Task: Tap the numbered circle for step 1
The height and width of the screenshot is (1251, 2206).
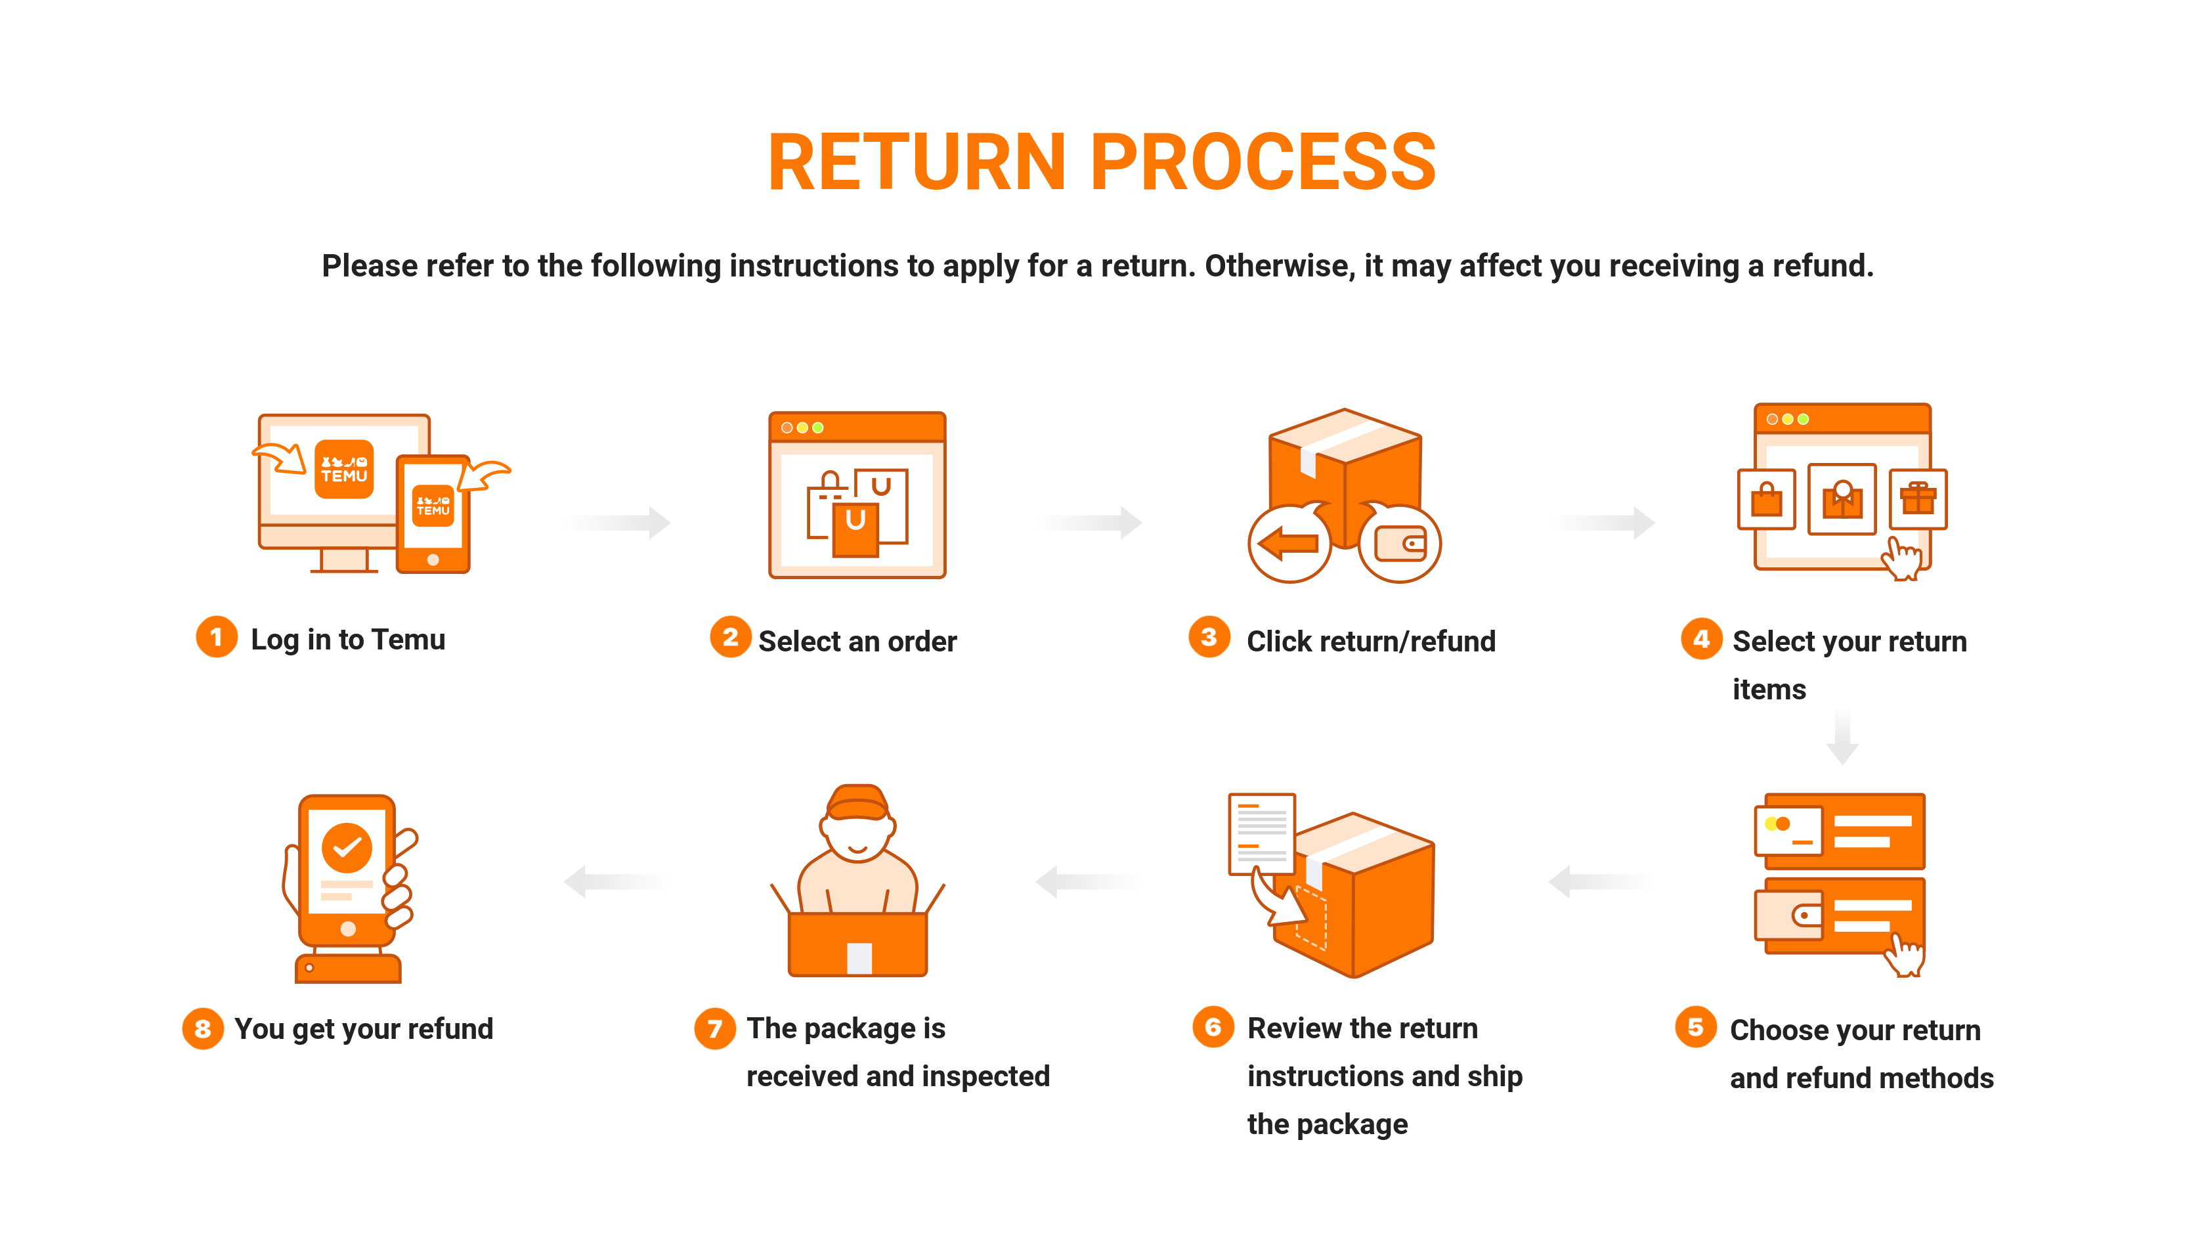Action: pos(217,637)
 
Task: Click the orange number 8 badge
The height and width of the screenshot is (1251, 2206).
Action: pos(203,1028)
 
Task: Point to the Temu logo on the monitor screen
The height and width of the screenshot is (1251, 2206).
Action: pos(345,469)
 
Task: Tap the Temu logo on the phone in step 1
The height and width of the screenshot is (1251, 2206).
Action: pos(433,505)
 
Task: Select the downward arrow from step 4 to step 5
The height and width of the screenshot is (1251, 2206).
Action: pos(1842,737)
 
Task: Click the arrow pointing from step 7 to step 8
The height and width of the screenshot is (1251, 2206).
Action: pos(615,881)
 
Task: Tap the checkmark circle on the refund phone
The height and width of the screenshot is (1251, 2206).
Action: pos(347,848)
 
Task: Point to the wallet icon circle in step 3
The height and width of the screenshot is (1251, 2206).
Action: pos(1399,543)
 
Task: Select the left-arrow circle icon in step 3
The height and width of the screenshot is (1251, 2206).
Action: pos(1289,543)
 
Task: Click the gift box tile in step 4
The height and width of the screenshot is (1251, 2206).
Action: pos(1917,498)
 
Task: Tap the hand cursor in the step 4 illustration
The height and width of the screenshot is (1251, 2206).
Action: pos(1902,560)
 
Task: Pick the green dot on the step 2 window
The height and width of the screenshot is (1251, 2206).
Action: pos(818,428)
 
